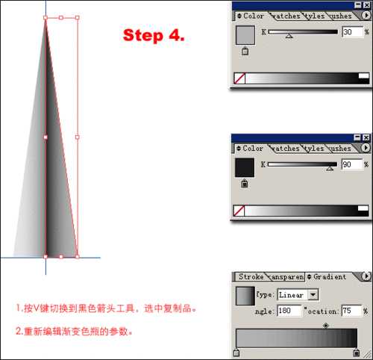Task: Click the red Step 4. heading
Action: tap(154, 36)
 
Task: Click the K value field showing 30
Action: tap(351, 32)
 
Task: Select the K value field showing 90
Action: tap(351, 164)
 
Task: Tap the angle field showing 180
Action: tap(289, 310)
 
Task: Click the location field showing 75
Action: tap(351, 310)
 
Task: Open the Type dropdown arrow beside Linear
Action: tap(313, 295)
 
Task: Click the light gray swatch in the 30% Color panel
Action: tap(245, 35)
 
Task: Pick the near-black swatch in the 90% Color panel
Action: tap(245, 167)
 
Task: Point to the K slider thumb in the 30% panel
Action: tap(289, 35)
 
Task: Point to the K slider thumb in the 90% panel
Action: tap(329, 168)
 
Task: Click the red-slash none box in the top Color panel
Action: tap(239, 78)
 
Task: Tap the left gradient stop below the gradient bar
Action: tap(236, 353)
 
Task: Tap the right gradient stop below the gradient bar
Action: tap(357, 353)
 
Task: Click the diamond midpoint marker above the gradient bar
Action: tap(326, 326)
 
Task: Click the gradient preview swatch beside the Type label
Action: tap(245, 296)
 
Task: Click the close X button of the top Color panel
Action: tap(366, 5)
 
